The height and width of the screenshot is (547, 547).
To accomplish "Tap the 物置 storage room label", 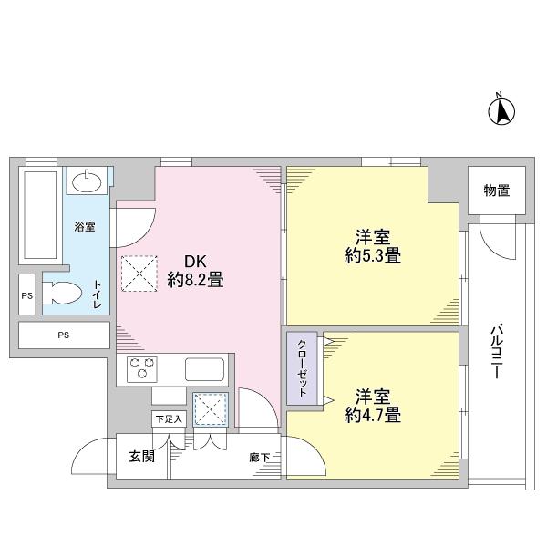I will (497, 191).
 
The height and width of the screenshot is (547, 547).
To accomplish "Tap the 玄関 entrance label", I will (141, 456).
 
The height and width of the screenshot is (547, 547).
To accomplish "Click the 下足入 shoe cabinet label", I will (168, 418).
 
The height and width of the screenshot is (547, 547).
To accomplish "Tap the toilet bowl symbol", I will (65, 294).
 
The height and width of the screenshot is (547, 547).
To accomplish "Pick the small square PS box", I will (26, 295).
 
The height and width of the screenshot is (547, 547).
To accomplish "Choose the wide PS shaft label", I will (64, 335).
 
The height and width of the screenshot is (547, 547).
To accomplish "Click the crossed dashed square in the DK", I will (139, 272).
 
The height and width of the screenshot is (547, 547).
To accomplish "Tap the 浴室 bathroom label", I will (85, 226).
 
